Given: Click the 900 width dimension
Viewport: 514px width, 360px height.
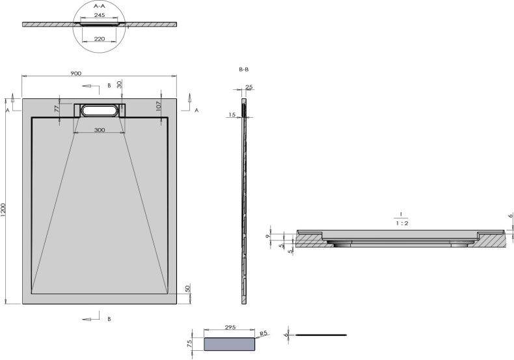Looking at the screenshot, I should point(75,74).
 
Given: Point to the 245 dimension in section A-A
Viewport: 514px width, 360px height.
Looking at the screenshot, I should point(99,14).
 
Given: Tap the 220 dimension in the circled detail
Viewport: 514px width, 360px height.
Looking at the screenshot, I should point(99,38).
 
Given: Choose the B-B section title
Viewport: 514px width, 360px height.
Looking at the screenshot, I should point(245,68).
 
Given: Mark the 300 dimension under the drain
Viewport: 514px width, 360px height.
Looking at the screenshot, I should point(99,130).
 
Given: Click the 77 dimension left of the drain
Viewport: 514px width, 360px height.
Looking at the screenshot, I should point(57,109).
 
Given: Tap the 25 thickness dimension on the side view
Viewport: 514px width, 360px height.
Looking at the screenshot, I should point(249,87).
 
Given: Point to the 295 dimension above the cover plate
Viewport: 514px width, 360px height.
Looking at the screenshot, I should point(229,327).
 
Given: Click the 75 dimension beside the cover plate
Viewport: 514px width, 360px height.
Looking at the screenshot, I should point(190,344).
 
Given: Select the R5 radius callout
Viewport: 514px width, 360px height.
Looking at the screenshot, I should point(263,333).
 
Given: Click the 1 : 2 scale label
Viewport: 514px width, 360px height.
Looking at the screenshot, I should point(401,223).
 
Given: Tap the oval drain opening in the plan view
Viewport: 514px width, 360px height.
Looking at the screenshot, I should point(100,111).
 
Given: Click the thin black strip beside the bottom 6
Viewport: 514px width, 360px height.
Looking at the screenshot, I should point(321,335).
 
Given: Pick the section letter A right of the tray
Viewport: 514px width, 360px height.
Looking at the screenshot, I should point(196,111).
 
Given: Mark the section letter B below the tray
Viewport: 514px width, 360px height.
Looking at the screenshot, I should point(109,319).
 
